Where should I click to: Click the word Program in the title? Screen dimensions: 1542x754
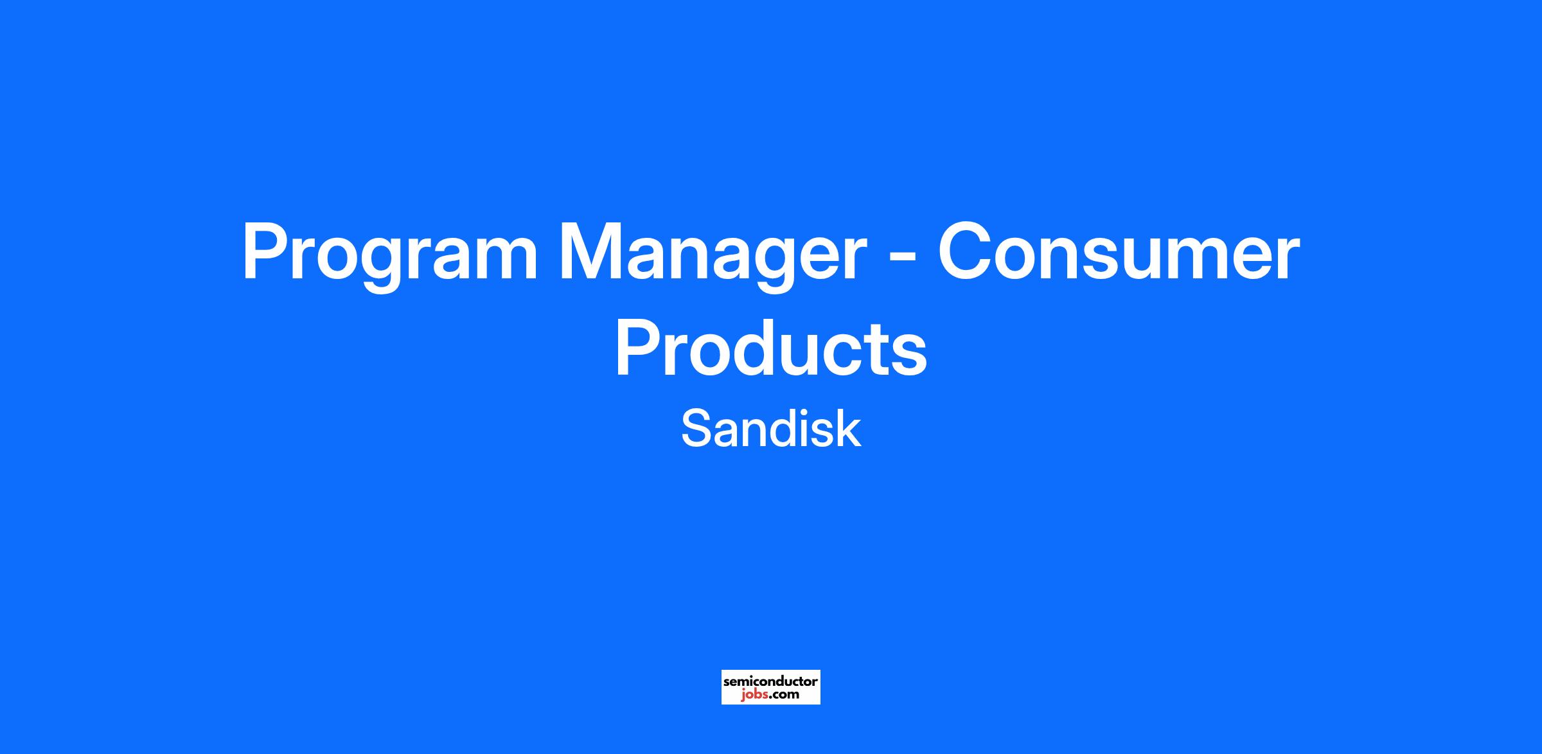pos(389,256)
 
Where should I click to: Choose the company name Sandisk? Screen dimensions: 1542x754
pos(771,429)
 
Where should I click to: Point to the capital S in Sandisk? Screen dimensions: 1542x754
pos(695,429)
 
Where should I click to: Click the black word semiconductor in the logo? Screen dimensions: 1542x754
pos(770,681)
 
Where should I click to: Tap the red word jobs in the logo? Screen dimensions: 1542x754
pos(754,695)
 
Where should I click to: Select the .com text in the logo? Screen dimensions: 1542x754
pos(784,695)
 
